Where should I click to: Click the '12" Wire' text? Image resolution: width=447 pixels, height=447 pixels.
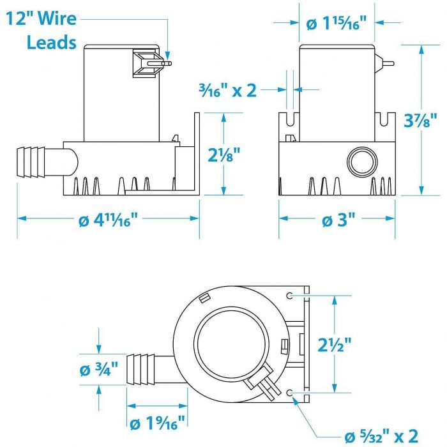[x=42, y=19]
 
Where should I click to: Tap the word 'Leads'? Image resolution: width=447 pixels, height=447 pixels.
[x=52, y=42]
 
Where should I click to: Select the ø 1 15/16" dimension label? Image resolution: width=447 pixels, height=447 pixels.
[x=336, y=23]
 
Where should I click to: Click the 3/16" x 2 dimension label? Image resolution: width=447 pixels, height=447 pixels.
[x=227, y=91]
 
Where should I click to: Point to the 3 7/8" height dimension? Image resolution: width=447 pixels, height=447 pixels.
[x=420, y=120]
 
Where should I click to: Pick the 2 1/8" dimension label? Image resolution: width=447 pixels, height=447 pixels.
[x=223, y=155]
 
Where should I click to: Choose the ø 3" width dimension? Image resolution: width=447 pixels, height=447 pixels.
[x=338, y=220]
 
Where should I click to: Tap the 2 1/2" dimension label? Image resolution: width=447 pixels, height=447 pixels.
[x=335, y=344]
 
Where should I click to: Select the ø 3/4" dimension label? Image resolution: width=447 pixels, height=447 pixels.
[x=98, y=369]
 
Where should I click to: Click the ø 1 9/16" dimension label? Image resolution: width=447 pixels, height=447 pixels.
[x=157, y=423]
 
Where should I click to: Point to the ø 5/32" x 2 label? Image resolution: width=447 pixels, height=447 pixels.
[x=381, y=436]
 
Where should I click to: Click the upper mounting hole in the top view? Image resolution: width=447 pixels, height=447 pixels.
[x=290, y=296]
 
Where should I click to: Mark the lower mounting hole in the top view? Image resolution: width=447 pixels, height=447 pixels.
[x=290, y=393]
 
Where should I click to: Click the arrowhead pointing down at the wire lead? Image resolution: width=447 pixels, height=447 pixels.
[x=167, y=56]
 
